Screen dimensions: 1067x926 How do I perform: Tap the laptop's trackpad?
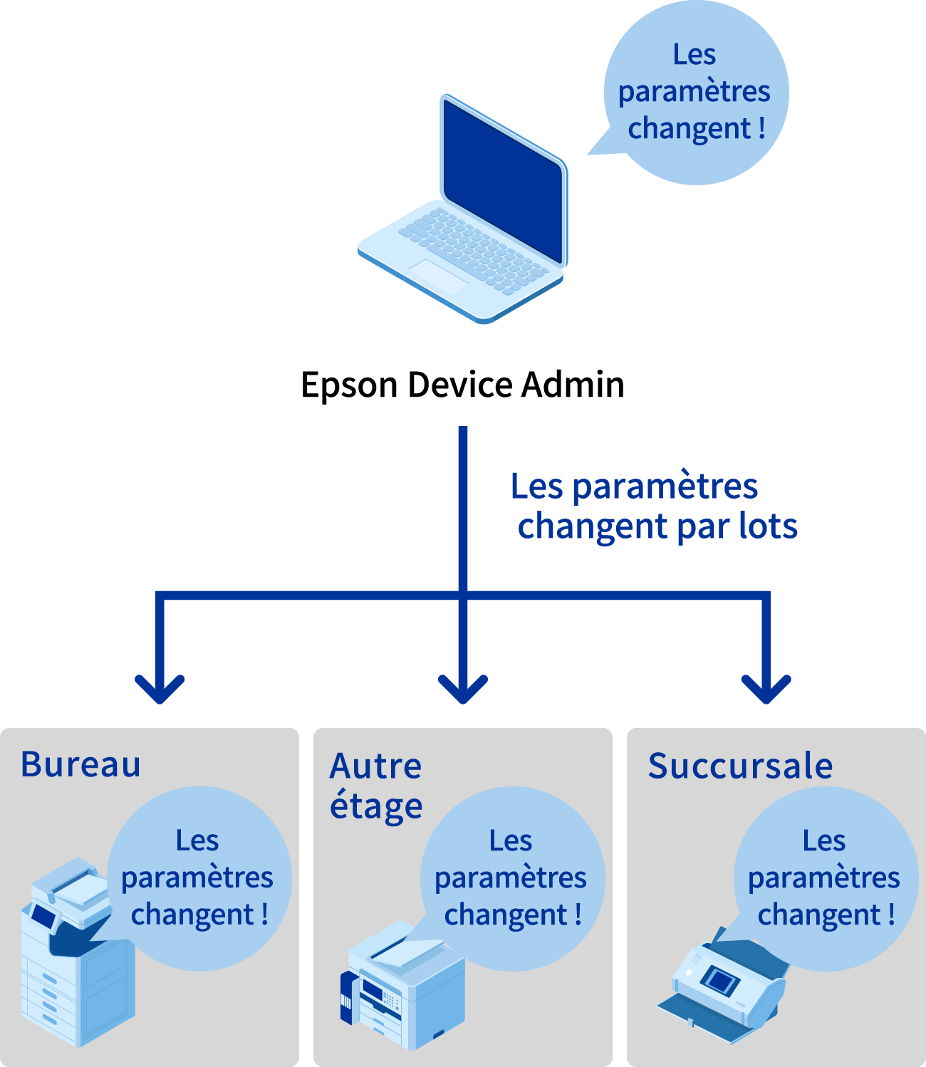pos(437,275)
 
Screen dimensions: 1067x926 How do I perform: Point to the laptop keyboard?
pos(474,249)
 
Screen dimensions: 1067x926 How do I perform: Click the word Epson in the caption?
pos(349,385)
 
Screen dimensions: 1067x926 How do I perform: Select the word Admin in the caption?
pos(573,385)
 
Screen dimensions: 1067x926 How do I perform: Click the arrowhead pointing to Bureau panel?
pos(160,688)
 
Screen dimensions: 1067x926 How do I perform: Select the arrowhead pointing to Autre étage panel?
pos(463,688)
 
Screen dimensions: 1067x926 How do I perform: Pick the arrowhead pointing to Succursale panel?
pos(766,688)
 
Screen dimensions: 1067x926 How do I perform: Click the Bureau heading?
pos(81,765)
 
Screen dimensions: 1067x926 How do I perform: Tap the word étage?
pos(376,807)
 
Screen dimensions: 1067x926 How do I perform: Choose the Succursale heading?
pos(740,766)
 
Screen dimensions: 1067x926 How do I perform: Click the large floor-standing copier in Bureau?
pos(75,969)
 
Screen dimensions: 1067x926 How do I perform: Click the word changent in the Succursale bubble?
pos(819,915)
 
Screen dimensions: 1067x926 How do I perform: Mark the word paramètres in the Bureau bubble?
pos(197,878)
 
